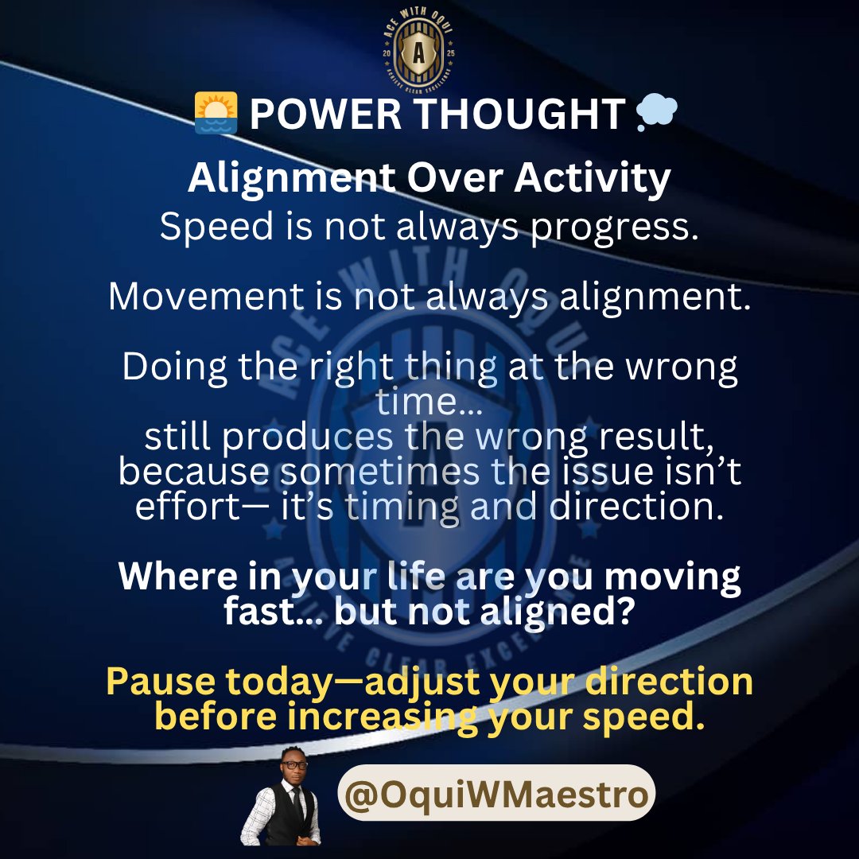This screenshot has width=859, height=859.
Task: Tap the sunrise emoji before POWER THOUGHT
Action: click(216, 113)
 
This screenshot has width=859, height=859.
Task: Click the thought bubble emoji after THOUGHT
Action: click(656, 114)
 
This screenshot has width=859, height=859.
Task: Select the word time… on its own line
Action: click(429, 401)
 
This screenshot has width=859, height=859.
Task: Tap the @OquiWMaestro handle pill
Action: click(496, 793)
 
